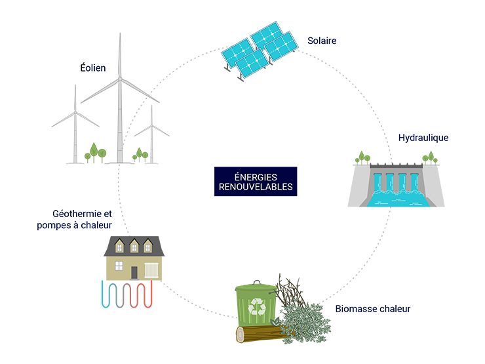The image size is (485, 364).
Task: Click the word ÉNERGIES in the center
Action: (x=256, y=176)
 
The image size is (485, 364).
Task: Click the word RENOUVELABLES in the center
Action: (x=256, y=186)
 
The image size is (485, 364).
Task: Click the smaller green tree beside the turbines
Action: (x=138, y=153)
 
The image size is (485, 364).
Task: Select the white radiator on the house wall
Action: (x=152, y=270)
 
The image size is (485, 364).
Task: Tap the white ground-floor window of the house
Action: (x=119, y=266)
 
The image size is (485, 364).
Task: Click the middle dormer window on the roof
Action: (x=134, y=246)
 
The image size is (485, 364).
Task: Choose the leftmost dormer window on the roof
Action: (x=119, y=246)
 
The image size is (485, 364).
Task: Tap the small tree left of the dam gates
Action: (x=360, y=157)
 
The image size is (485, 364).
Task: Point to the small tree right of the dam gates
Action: (x=429, y=157)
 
